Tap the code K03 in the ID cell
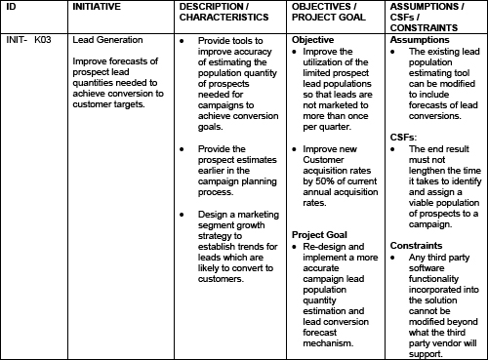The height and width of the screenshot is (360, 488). (x=41, y=40)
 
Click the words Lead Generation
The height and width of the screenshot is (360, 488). (x=108, y=40)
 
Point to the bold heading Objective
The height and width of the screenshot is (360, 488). (x=312, y=40)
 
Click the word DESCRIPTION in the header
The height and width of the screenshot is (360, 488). (x=211, y=7)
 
